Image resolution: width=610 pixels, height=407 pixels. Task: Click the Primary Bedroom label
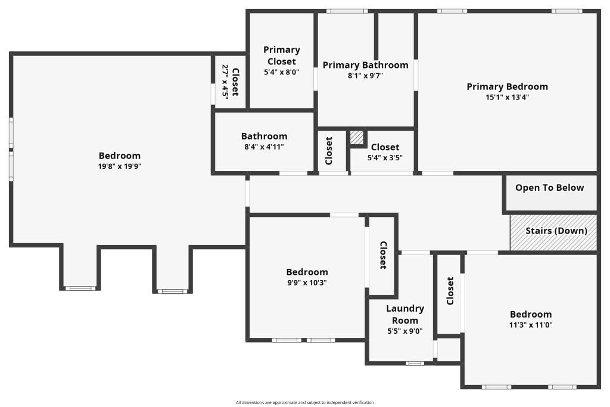click(x=508, y=86)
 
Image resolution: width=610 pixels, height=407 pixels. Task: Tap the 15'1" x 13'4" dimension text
click(x=508, y=97)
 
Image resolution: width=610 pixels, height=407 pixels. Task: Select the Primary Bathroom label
click(x=366, y=65)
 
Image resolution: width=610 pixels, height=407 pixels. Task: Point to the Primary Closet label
click(x=282, y=55)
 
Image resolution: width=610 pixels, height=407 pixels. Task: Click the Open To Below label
click(x=550, y=188)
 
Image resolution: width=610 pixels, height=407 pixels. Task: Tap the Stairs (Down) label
click(x=556, y=231)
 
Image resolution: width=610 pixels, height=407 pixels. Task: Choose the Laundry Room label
click(x=405, y=315)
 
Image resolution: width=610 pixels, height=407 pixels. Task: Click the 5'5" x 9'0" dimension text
click(x=405, y=331)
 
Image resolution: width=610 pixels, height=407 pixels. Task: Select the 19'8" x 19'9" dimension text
click(x=119, y=166)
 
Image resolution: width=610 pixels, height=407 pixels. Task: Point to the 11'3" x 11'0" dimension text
click(x=531, y=325)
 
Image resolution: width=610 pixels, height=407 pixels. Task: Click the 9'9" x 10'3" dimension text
click(x=307, y=283)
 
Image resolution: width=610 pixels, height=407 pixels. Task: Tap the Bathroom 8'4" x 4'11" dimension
click(x=264, y=147)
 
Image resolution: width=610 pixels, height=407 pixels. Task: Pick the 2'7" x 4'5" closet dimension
click(x=225, y=82)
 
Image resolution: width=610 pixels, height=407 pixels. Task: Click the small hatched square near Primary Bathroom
click(x=356, y=137)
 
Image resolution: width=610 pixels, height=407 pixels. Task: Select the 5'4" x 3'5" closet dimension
click(x=385, y=158)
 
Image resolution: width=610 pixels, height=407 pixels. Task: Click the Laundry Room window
click(x=415, y=363)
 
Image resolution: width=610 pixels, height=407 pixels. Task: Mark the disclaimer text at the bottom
click(x=304, y=403)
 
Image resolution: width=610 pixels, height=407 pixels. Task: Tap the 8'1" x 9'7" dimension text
click(x=365, y=76)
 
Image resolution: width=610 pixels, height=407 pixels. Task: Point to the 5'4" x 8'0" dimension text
click(x=282, y=72)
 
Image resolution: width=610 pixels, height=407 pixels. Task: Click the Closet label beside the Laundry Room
click(x=450, y=291)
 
